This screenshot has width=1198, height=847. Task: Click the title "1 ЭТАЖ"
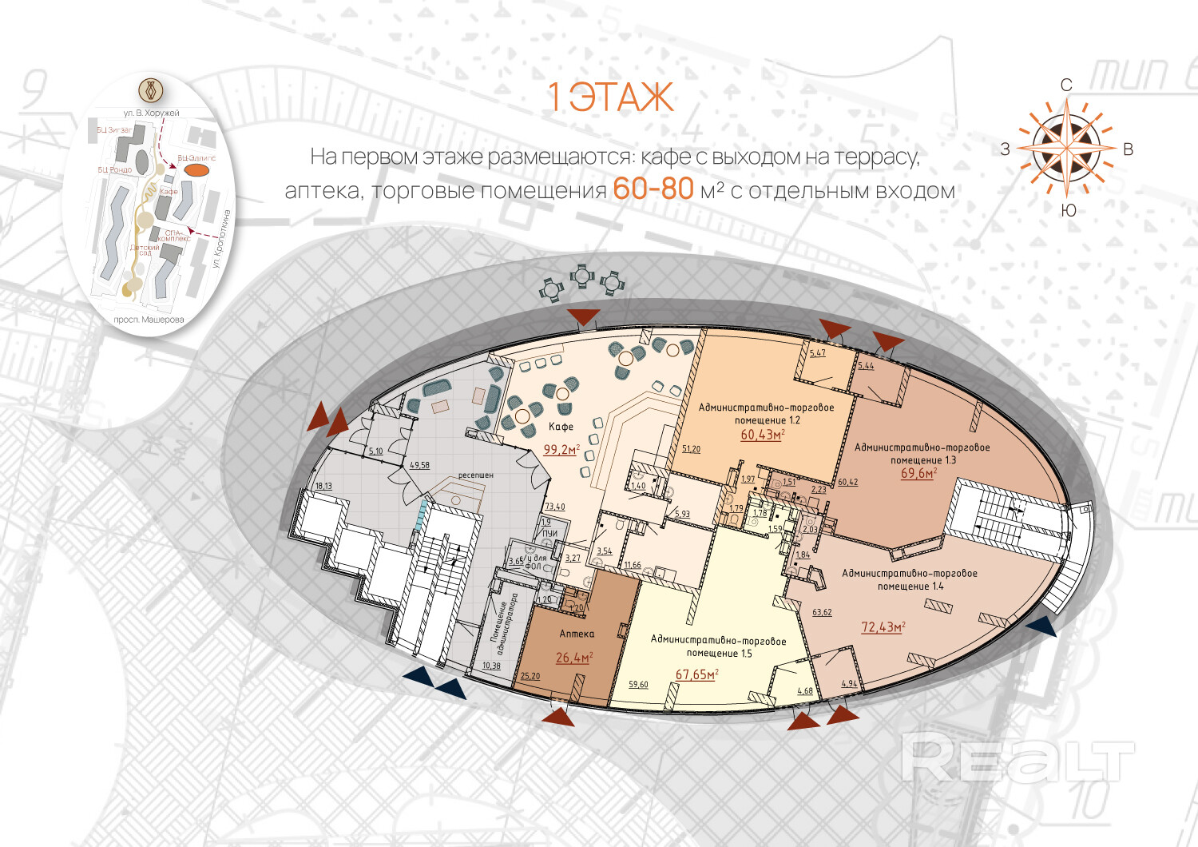[611, 97]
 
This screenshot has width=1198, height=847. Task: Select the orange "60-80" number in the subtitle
[653, 189]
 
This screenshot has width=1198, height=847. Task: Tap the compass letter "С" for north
[1066, 85]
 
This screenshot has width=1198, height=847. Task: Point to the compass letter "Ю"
[1069, 210]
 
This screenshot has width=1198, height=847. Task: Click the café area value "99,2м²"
[561, 450]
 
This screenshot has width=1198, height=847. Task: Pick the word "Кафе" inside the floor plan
[561, 427]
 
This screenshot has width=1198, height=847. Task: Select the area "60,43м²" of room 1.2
[762, 435]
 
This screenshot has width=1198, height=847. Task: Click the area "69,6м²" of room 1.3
[918, 473]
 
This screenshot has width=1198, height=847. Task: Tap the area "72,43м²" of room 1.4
[883, 627]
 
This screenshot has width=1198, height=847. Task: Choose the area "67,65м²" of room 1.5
[696, 674]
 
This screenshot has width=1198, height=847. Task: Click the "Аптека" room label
[577, 634]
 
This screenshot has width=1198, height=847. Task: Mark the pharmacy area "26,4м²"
[573, 658]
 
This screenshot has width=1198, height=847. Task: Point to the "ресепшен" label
[475, 475]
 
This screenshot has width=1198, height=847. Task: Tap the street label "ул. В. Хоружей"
[151, 113]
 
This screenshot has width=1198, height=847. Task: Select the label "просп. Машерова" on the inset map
[149, 320]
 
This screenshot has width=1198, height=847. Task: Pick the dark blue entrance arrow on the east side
[1042, 626]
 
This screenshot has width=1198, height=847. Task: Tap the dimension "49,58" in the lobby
[419, 465]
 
